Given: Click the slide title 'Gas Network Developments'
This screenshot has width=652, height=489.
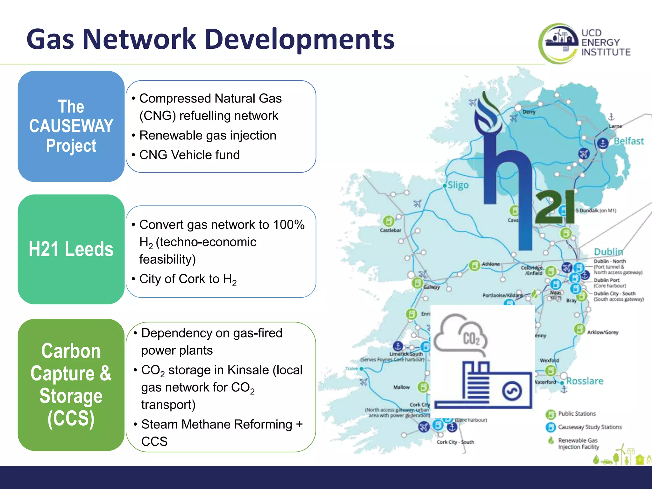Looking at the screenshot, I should click(x=210, y=39).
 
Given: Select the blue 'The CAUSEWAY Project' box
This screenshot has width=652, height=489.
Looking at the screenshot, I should click(x=71, y=126).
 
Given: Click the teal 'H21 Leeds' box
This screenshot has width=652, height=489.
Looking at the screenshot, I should click(x=71, y=249).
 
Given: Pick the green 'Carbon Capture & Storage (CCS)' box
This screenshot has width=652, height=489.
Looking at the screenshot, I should click(x=71, y=385).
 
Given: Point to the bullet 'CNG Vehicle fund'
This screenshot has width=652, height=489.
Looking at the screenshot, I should click(x=189, y=155).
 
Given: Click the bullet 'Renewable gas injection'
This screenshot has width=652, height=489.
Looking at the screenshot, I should click(x=208, y=136).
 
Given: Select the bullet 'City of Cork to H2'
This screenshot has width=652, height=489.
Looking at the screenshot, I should click(x=188, y=279).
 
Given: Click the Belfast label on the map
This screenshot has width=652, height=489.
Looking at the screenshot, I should click(x=628, y=141).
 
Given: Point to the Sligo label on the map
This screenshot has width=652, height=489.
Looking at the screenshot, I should click(x=458, y=185).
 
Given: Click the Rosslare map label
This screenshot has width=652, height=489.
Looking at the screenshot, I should click(x=585, y=381).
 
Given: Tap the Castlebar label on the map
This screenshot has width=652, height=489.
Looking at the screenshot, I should click(x=390, y=230).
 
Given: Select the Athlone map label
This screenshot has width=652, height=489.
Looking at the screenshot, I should click(x=491, y=264).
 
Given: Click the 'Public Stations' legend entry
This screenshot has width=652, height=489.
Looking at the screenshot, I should click(x=576, y=414).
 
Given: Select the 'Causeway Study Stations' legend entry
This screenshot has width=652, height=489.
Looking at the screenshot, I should click(x=589, y=427).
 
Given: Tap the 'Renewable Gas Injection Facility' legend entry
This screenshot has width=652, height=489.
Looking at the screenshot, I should click(x=578, y=443).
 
